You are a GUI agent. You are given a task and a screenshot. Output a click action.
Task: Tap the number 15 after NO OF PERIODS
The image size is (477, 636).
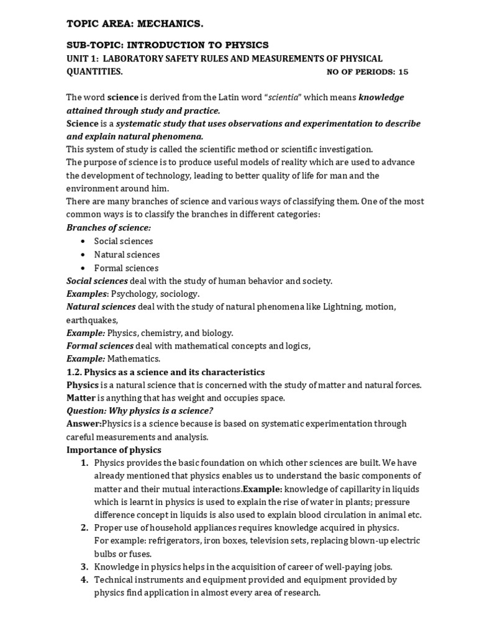click(x=403, y=72)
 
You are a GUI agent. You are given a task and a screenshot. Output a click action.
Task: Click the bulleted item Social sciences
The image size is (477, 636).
click(x=123, y=241)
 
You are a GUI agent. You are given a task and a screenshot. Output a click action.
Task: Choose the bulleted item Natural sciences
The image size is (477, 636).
click(x=127, y=255)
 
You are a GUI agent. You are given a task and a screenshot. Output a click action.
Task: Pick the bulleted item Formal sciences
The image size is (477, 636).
click(x=126, y=268)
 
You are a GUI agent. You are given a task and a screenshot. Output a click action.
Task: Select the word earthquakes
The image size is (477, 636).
click(x=92, y=320)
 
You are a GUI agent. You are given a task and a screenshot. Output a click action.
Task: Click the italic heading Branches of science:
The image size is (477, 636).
click(x=109, y=228)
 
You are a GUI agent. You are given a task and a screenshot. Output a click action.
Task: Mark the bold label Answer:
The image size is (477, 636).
click(x=84, y=424)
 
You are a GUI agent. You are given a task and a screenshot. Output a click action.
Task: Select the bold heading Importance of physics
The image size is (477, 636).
click(x=114, y=450)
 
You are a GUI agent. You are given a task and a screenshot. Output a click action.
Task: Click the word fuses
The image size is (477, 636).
click(x=140, y=553)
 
